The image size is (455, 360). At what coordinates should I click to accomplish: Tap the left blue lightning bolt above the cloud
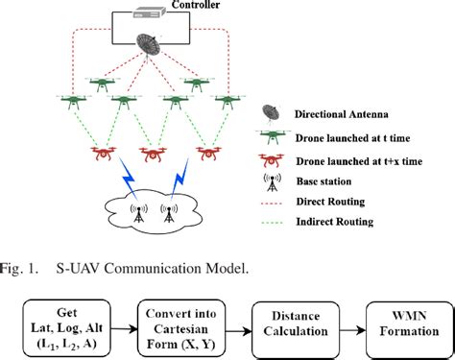129,178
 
